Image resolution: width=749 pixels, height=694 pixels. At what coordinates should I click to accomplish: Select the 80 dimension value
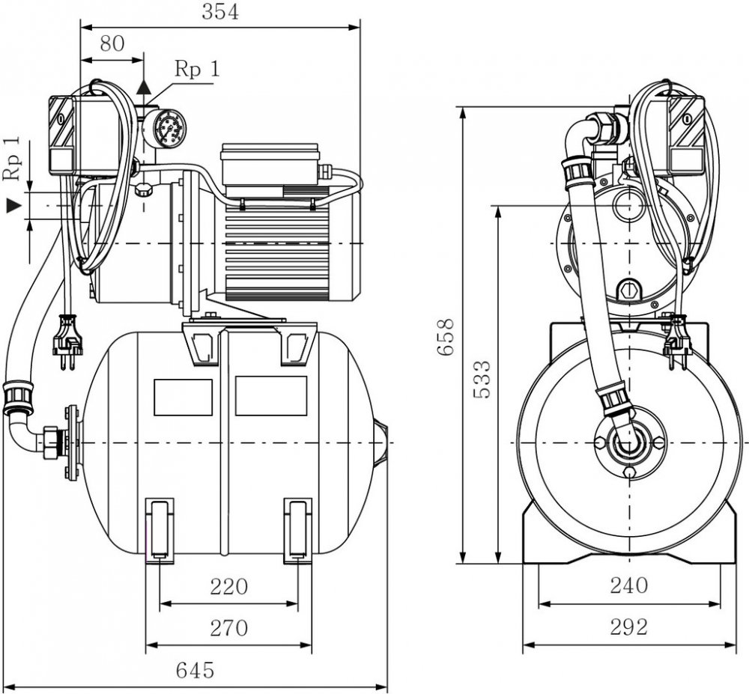(x=112, y=43)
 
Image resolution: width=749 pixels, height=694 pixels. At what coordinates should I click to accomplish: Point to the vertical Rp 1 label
(x=11, y=159)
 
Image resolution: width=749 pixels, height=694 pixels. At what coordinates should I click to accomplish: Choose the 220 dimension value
(x=228, y=586)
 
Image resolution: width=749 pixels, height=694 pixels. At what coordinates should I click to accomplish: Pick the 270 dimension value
(x=228, y=628)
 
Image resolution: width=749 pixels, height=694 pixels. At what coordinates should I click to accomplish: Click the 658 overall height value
(x=446, y=337)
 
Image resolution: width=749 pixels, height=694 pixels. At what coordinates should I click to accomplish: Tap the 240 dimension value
(x=628, y=586)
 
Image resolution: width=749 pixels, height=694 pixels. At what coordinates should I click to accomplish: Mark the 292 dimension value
(x=628, y=627)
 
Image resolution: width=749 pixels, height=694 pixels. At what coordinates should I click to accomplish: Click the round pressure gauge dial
(x=165, y=127)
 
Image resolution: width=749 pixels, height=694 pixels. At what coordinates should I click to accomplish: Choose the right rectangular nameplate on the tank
(x=270, y=396)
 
